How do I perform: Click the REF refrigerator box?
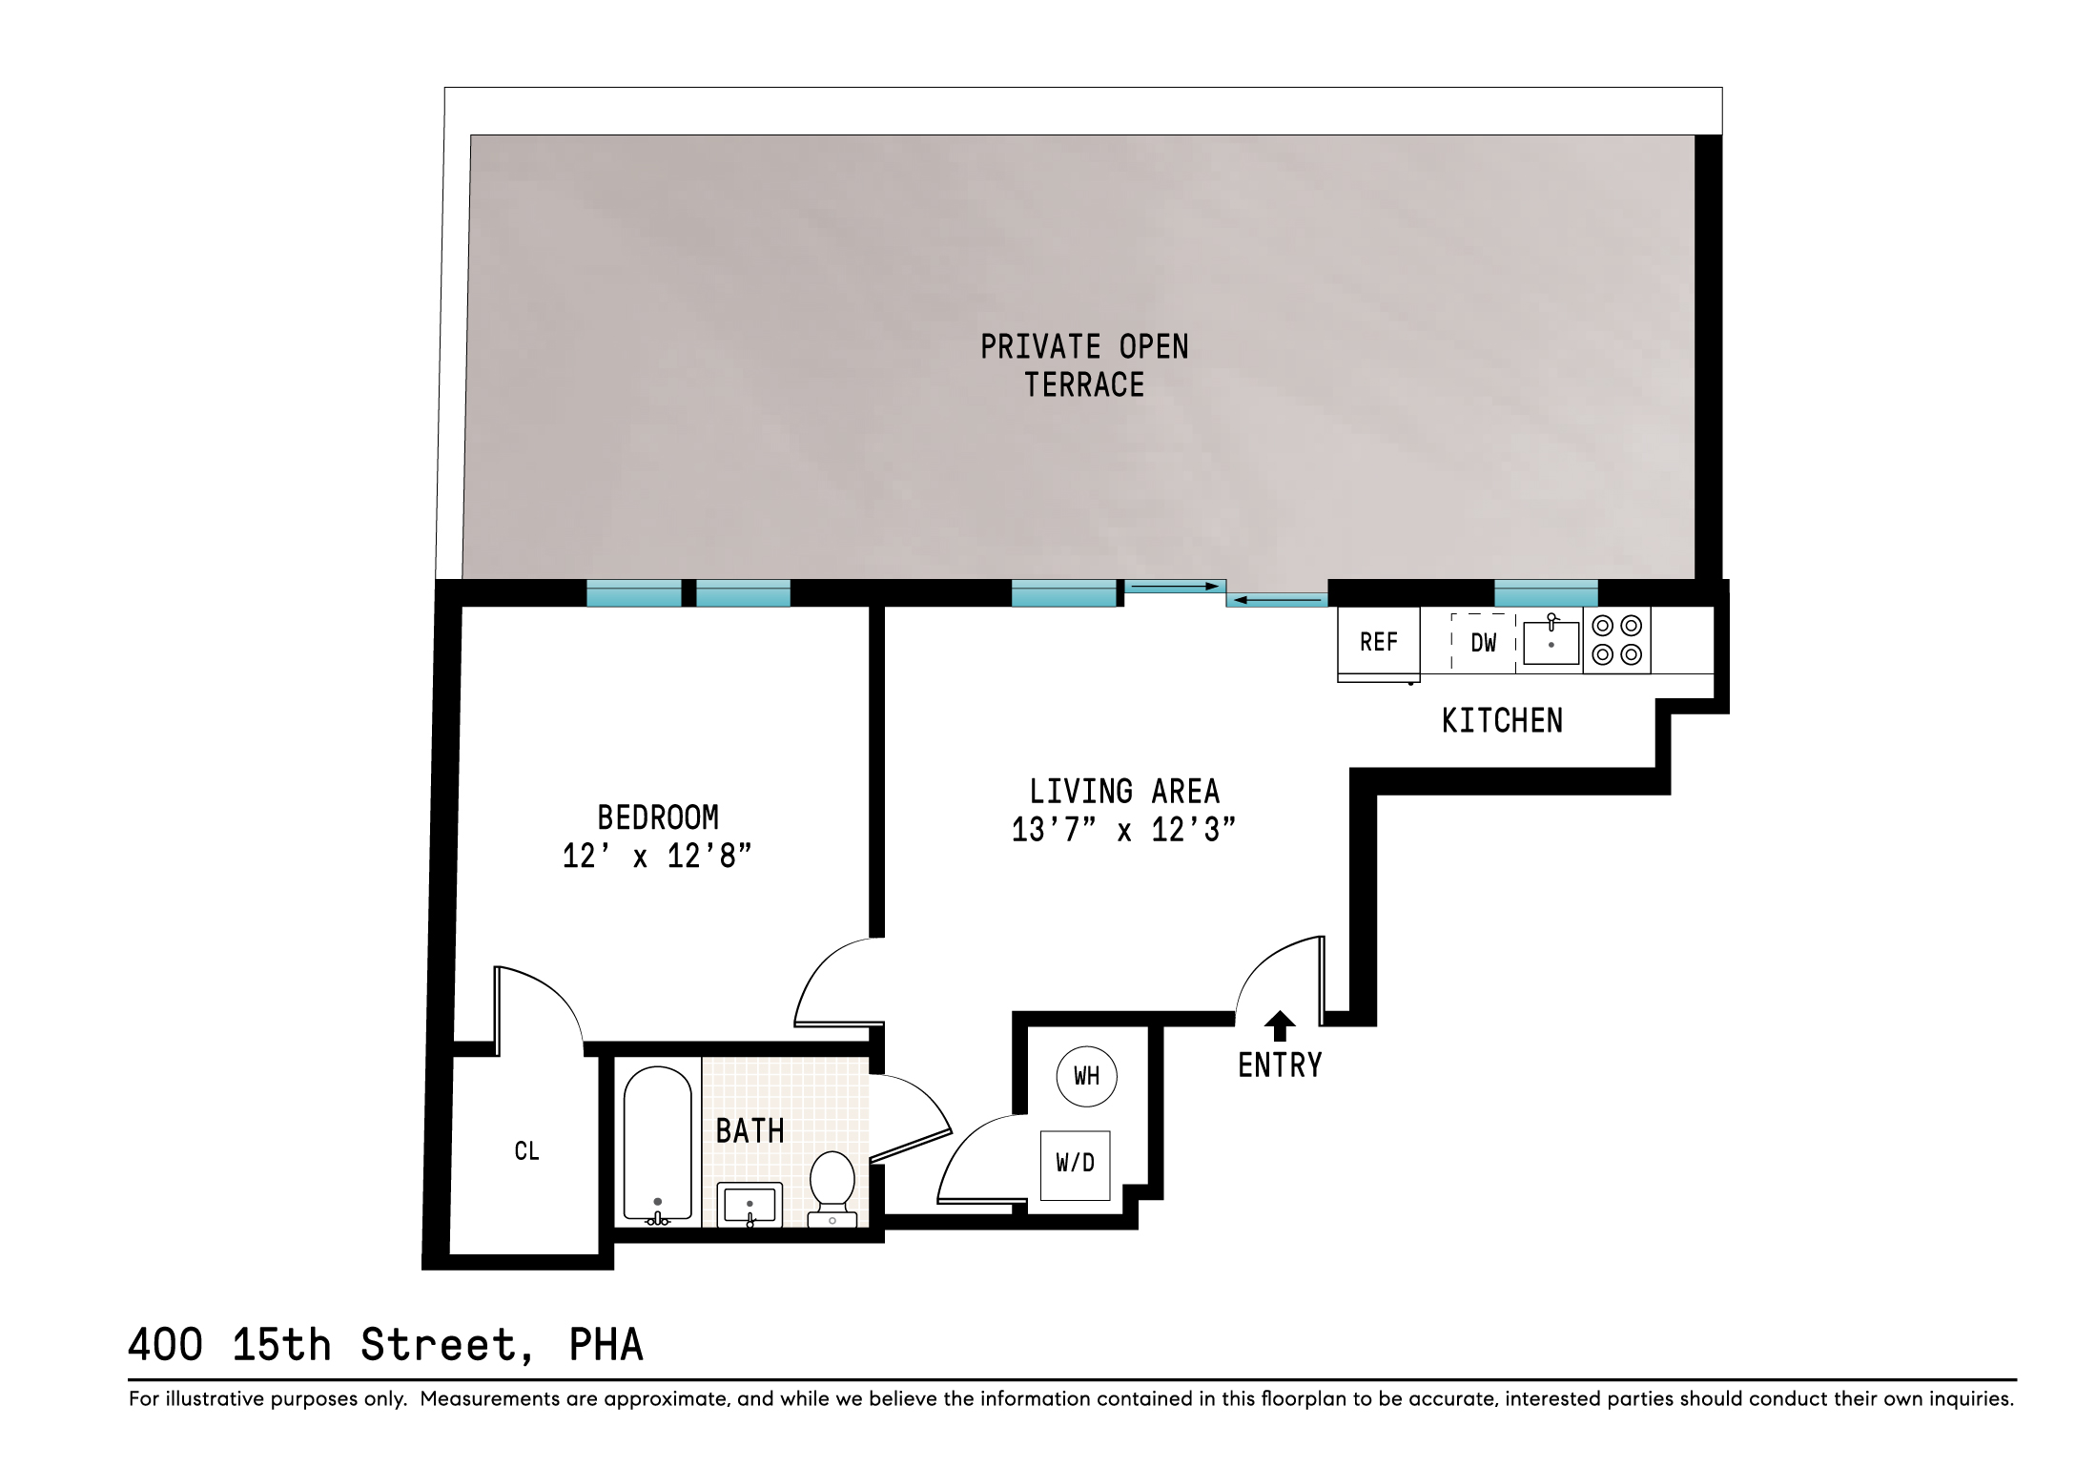coord(1379,642)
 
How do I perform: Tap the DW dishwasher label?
coord(1484,643)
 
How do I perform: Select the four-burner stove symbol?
coord(1617,640)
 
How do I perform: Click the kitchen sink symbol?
coord(1551,642)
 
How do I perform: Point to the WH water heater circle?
coord(1086,1076)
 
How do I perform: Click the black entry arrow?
coord(1280,1026)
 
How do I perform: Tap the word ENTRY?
coord(1280,1065)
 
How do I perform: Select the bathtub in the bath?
coord(658,1144)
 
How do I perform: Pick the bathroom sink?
coord(750,1206)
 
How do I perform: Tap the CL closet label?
coord(526,1151)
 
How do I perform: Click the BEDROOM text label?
coord(658,817)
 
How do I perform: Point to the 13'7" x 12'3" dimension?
coord(1123,830)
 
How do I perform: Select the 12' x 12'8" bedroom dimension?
coord(657,857)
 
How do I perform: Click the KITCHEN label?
coord(1502,721)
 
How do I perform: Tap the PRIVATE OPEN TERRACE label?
coord(1084,365)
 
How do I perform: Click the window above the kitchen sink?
coord(1546,593)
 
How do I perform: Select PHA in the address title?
coord(606,1345)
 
